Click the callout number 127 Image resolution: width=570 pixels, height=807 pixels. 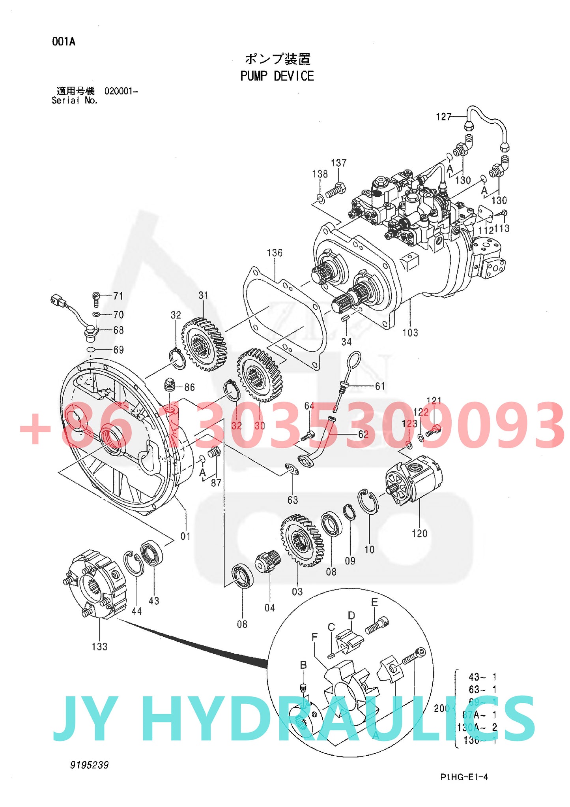click(443, 117)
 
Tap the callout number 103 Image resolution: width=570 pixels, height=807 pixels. click(410, 333)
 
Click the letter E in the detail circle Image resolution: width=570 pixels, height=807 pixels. click(374, 602)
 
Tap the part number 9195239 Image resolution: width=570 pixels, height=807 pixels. click(89, 765)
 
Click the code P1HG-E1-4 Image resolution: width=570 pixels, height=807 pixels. click(464, 777)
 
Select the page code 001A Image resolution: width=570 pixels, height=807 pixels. click(64, 41)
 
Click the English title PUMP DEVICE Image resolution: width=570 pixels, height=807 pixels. click(277, 76)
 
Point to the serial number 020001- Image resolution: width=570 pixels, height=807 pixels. click(121, 91)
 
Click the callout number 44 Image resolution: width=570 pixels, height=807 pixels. click(136, 611)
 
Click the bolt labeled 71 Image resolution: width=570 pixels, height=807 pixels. click(96, 299)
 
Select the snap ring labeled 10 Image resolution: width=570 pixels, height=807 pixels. click(368, 502)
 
